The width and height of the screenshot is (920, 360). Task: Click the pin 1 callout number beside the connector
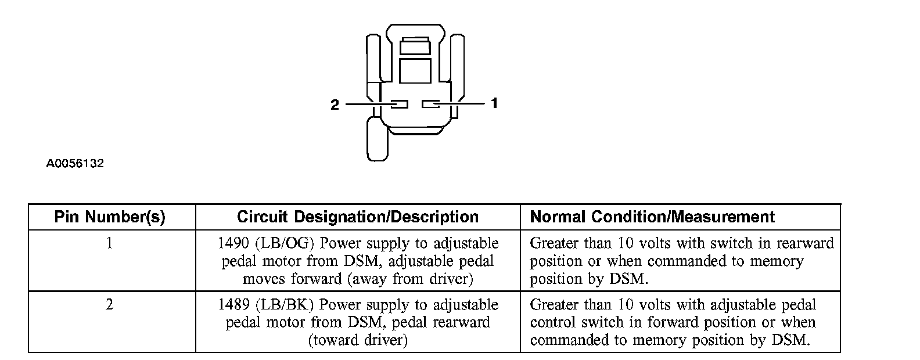coord(494,103)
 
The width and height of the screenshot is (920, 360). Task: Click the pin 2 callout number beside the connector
coord(335,105)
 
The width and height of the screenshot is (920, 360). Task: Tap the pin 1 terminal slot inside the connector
coord(431,104)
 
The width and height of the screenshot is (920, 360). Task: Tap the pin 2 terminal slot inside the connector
coord(399,105)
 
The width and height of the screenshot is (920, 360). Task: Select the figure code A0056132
coord(75,164)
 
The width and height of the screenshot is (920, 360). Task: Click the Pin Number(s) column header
coord(110,217)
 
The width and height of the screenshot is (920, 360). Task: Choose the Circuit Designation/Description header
coord(358,217)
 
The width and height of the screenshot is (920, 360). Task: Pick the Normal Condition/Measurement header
coord(652,217)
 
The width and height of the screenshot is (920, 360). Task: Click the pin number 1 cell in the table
coord(110,243)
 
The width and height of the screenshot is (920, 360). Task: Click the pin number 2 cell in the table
coord(110,304)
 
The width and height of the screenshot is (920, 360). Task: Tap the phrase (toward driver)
coord(358,340)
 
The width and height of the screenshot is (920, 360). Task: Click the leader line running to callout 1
coord(462,103)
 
